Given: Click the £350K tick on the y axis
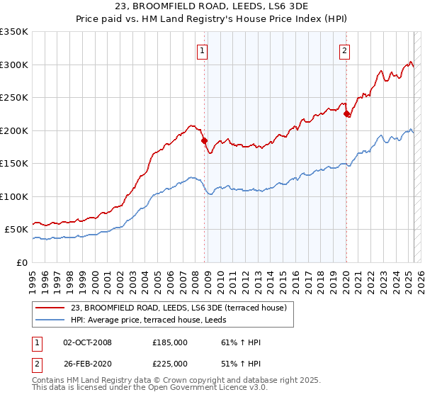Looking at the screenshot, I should pyautogui.click(x=14, y=32).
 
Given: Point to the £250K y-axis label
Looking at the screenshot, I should pyautogui.click(x=14, y=98).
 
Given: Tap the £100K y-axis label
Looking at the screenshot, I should pyautogui.click(x=14, y=196).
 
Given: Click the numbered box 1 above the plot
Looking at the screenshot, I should pyautogui.click(x=203, y=50).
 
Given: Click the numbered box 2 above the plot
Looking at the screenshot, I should pyautogui.click(x=344, y=50).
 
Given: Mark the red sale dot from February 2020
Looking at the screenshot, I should pyautogui.click(x=346, y=113).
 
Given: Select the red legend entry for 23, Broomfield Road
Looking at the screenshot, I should pyautogui.click(x=178, y=308).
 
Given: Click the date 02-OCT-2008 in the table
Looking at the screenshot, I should pyautogui.click(x=87, y=342).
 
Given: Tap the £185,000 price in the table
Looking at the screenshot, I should pyautogui.click(x=170, y=342).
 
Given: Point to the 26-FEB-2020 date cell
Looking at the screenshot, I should pyautogui.click(x=87, y=363).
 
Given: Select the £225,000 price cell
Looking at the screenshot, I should pyautogui.click(x=170, y=363).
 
